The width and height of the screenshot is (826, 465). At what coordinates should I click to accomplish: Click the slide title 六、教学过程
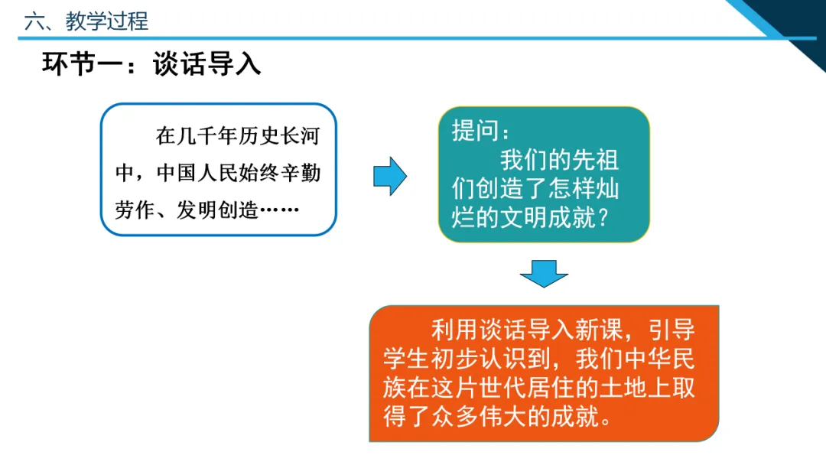point(86,21)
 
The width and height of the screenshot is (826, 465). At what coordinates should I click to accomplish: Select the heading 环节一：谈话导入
point(151,65)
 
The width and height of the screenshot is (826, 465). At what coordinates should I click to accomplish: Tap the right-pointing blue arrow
point(390,176)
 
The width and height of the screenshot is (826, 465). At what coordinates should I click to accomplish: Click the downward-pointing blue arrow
point(544,274)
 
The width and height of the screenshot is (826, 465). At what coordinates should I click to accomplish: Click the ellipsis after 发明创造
point(279,210)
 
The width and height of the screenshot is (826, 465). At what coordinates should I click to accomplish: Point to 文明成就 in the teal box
point(539,219)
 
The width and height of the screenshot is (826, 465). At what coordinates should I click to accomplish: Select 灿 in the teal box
point(609,190)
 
